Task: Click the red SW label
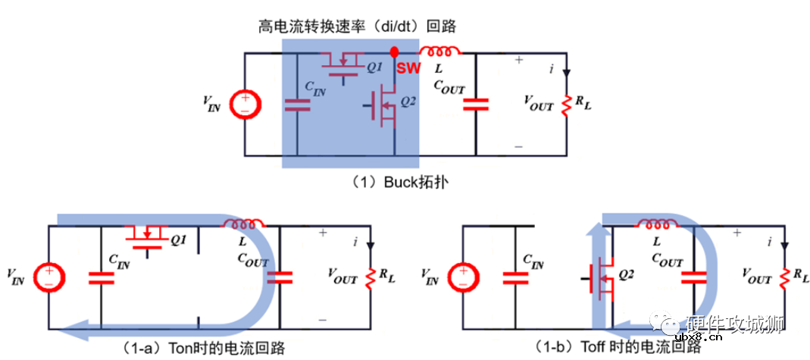[x=408, y=67]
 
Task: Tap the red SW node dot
[x=394, y=52]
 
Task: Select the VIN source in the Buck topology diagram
[x=244, y=104]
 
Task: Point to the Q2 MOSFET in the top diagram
[x=385, y=107]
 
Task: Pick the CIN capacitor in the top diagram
[x=297, y=104]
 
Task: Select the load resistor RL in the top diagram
[x=564, y=105]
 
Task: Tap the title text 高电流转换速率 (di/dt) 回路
[x=356, y=27]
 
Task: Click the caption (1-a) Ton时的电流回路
[x=200, y=347]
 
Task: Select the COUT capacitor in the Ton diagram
[x=280, y=277]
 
